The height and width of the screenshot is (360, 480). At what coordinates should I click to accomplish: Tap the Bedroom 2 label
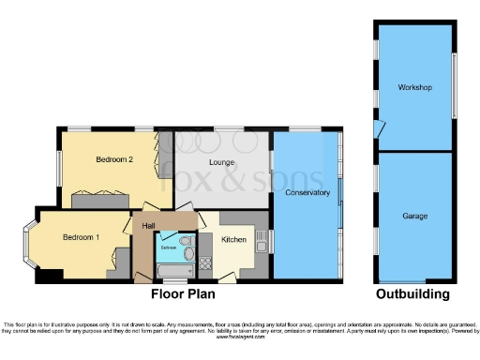114,160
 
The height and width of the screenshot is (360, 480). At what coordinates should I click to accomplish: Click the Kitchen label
234,240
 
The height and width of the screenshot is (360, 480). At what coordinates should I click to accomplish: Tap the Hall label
148,226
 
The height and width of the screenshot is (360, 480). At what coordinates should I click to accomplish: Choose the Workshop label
413,88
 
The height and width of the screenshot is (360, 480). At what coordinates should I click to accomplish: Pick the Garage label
415,217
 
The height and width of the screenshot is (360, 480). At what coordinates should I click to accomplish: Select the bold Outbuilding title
413,294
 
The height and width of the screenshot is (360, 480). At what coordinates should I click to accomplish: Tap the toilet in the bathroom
187,253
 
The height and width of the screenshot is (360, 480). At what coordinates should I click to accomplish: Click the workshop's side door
378,129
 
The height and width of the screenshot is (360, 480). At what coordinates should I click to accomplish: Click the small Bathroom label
168,247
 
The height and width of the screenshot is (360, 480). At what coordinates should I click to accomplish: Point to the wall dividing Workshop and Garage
413,150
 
